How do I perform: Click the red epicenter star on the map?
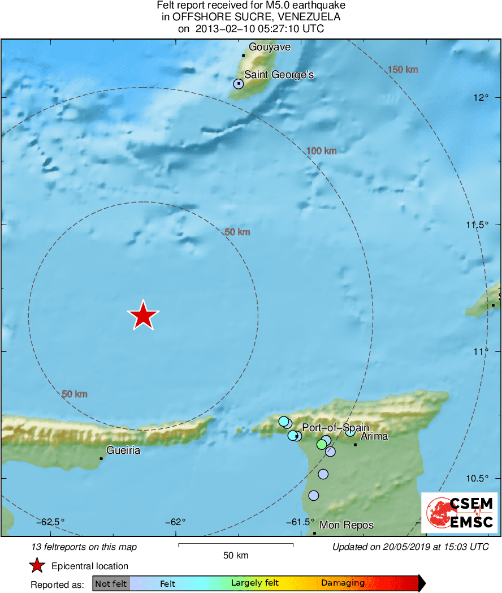144,316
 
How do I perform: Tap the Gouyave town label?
270,47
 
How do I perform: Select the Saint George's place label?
279,75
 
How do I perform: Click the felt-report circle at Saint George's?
239,84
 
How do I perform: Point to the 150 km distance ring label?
403,70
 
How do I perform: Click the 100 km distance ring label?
321,151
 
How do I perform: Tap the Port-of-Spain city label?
335,427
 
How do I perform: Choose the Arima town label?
374,437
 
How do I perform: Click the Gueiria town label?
123,451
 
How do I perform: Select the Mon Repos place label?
347,525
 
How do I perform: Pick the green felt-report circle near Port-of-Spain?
322,444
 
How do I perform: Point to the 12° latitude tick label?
481,98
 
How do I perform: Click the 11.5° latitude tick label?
477,225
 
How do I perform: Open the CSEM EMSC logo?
460,513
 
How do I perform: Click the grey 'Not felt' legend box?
111,583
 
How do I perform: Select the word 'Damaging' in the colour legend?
343,583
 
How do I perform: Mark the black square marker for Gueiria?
101,458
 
